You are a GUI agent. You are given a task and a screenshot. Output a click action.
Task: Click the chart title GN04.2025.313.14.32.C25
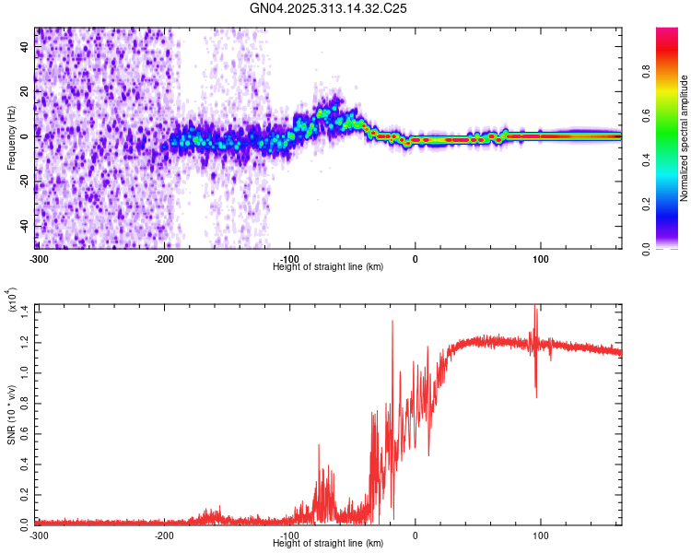[x=329, y=8]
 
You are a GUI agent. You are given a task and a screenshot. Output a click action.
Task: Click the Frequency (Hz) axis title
[x=11, y=137]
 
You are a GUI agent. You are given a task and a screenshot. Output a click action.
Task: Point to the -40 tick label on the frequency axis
[x=24, y=226]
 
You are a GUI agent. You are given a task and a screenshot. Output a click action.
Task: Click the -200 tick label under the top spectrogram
[x=165, y=257]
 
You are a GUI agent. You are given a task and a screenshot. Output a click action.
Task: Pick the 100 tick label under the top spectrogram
[x=541, y=257]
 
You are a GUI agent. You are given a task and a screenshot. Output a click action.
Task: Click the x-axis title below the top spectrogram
[x=329, y=266]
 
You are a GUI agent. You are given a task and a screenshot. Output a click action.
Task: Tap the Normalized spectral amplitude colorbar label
[x=685, y=137]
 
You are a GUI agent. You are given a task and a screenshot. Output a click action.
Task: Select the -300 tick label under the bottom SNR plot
[x=40, y=535]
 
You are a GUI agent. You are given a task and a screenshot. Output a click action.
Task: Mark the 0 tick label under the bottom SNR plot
[x=416, y=535]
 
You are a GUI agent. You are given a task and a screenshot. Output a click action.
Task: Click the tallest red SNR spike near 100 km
[x=535, y=310]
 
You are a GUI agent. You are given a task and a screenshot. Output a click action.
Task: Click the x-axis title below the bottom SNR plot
[x=329, y=544]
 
